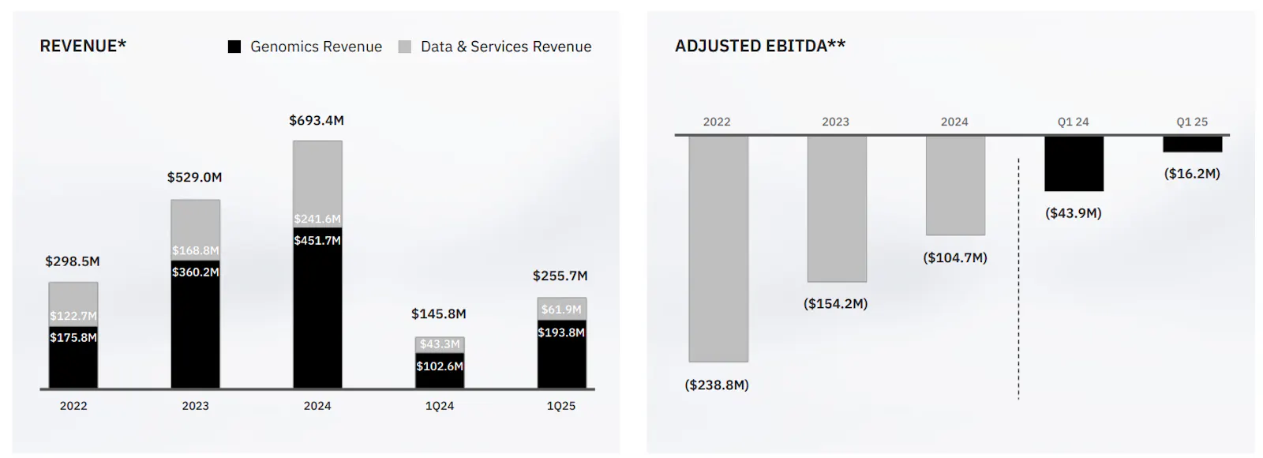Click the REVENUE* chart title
[x=83, y=46]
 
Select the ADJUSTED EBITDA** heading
[x=759, y=46]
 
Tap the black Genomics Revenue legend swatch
[x=234, y=47]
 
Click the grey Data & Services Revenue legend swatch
[x=405, y=47]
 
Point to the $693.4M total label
[x=317, y=121]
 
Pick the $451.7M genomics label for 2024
[x=317, y=240]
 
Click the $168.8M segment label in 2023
[x=196, y=250]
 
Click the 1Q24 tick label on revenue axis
[x=440, y=406]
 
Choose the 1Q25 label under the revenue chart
[x=561, y=406]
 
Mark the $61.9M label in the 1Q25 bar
[x=561, y=310]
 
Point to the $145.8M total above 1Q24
[x=439, y=314]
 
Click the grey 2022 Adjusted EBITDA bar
[x=718, y=249]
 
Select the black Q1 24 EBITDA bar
[x=1074, y=163]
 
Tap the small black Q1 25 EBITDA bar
[x=1192, y=145]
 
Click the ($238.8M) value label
[x=717, y=385]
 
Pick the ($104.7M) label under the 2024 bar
[x=955, y=258]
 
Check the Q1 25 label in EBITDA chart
[x=1192, y=122]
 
